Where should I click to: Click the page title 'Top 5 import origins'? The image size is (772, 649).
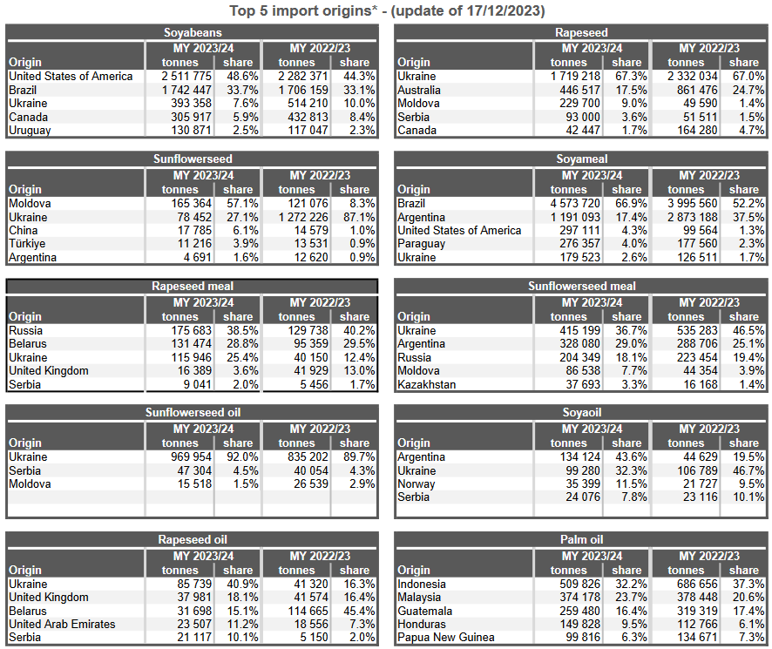click(x=387, y=10)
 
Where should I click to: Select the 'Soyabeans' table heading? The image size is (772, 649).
click(x=192, y=32)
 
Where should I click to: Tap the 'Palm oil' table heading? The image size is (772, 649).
click(x=581, y=539)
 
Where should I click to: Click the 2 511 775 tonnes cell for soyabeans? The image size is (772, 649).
click(x=182, y=76)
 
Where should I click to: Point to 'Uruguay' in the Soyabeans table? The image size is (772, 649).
click(x=30, y=130)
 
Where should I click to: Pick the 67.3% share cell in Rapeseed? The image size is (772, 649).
click(x=627, y=76)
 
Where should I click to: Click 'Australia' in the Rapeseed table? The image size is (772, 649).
click(x=422, y=90)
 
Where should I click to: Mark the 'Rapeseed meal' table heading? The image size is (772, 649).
click(x=192, y=286)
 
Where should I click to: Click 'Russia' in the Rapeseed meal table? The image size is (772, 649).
click(x=25, y=330)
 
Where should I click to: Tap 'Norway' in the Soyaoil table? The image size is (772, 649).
click(x=416, y=483)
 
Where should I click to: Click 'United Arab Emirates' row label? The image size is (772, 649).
click(x=62, y=624)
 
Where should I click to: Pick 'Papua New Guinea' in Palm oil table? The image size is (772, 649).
click(x=445, y=637)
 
